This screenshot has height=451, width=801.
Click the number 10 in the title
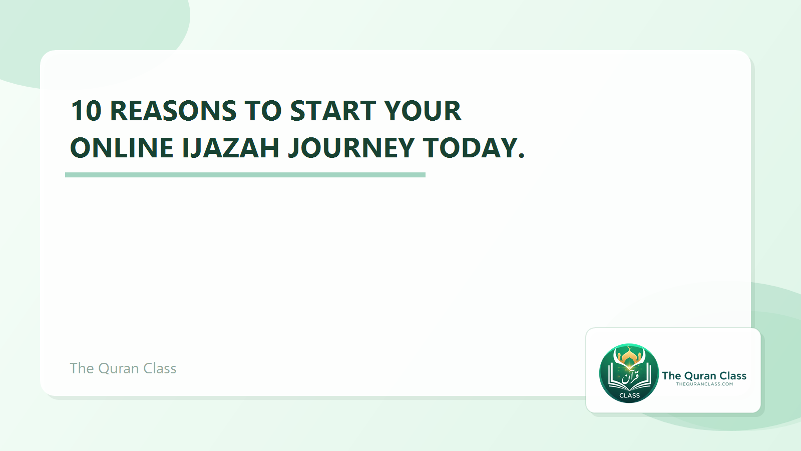[86, 111]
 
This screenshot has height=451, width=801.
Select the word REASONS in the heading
[173, 111]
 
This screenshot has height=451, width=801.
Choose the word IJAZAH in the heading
[230, 148]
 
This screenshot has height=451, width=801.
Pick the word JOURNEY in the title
[351, 148]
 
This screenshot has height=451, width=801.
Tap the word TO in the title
[263, 111]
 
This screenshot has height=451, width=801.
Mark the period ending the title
[522, 156]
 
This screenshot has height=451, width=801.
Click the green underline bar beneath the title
[245, 175]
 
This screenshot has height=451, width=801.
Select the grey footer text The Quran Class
[123, 368]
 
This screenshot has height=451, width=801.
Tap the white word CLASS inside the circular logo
[629, 395]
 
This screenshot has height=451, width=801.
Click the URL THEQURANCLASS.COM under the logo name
[704, 384]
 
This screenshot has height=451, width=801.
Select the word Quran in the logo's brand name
[700, 376]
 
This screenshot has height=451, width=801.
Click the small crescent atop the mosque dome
[629, 347]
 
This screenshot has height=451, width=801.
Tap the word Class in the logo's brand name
[733, 376]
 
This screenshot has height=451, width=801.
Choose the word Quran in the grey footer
[119, 368]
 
